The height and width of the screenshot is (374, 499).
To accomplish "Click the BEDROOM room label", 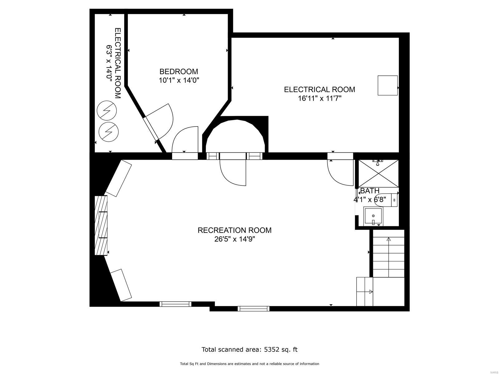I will [179, 71].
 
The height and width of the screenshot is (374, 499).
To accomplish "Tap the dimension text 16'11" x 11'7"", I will [319, 98].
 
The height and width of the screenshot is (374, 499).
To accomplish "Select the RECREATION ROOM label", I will [235, 230].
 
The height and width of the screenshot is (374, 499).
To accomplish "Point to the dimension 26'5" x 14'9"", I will [235, 239].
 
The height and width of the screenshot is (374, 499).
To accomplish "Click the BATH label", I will [370, 191].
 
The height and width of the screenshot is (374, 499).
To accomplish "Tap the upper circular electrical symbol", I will [107, 110].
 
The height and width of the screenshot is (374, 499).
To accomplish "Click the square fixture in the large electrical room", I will [388, 85].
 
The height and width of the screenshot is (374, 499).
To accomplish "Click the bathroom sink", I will [373, 216].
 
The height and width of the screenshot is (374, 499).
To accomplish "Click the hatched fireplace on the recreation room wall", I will [101, 225].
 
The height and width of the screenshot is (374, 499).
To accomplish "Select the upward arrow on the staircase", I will [389, 239].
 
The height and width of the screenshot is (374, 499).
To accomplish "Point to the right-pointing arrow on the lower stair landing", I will [371, 292].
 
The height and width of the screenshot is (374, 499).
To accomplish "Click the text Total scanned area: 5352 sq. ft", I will [249, 349].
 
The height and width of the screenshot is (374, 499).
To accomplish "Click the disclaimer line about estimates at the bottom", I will [249, 364].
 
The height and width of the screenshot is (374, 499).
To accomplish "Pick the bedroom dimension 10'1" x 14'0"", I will [179, 80].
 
